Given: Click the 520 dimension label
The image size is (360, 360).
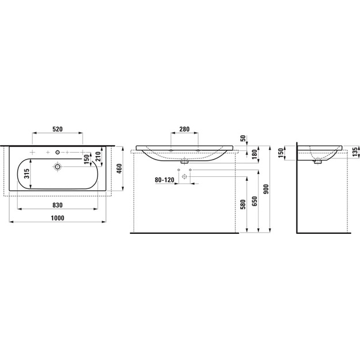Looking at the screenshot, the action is pos(58,129).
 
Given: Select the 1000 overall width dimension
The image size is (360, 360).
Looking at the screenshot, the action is pos(58,218).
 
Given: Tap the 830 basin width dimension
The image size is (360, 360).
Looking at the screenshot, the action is pos(58,205).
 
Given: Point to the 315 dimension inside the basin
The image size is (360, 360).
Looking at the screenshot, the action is pos(26,174).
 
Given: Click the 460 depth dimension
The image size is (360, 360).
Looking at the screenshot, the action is pos(119,168).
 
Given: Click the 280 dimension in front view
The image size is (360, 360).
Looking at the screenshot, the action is pos(184,129).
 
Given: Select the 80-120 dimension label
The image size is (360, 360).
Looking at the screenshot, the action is pos(164,180).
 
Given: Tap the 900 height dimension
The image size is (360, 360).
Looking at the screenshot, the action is pos(266,189).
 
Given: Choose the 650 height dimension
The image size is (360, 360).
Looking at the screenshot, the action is pos(255,201).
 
